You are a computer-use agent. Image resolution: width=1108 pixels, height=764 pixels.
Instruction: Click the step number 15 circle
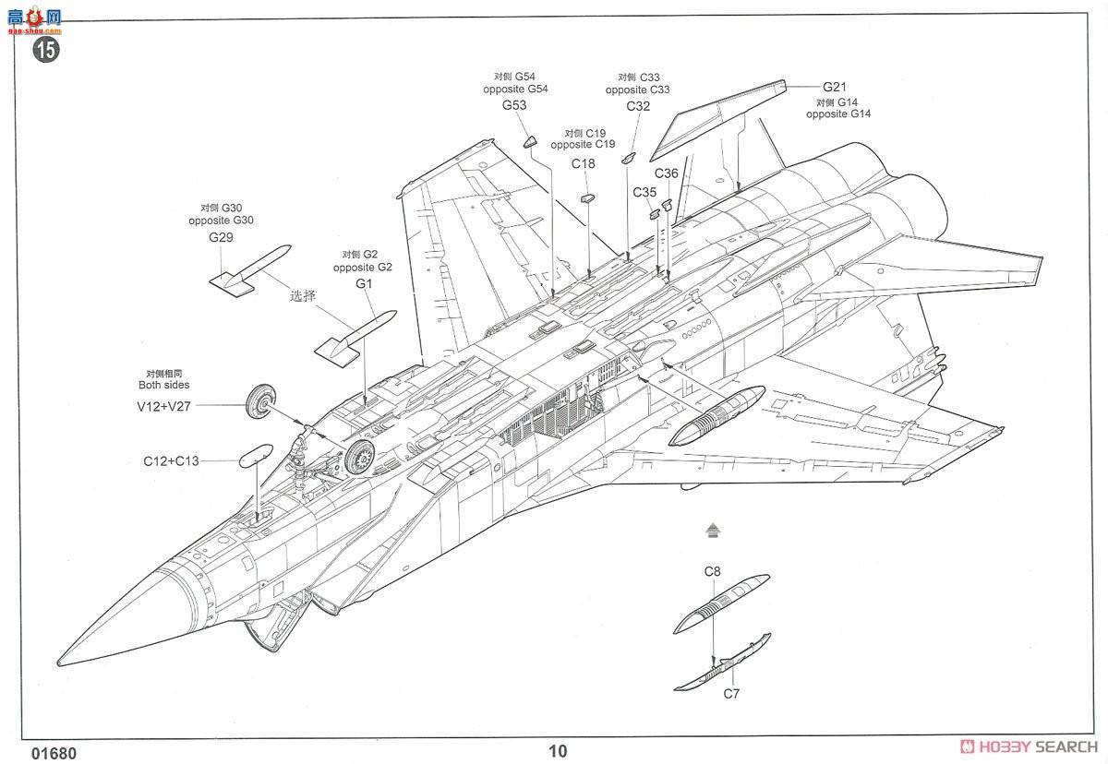[x=45, y=49]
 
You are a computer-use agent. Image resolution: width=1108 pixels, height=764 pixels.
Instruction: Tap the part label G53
[x=514, y=105]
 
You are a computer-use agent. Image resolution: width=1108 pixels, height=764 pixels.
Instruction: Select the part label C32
[x=638, y=106]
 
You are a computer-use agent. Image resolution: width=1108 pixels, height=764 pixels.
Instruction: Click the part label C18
[x=583, y=163]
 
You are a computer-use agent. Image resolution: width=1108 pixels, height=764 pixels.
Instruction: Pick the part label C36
[x=666, y=173]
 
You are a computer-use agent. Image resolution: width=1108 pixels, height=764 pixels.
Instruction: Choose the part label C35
[x=644, y=192]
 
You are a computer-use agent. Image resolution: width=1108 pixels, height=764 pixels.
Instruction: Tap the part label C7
[x=731, y=693]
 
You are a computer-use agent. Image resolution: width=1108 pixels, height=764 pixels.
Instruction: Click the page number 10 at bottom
[x=558, y=750]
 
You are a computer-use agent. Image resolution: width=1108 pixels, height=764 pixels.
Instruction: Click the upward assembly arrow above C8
[x=711, y=530]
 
